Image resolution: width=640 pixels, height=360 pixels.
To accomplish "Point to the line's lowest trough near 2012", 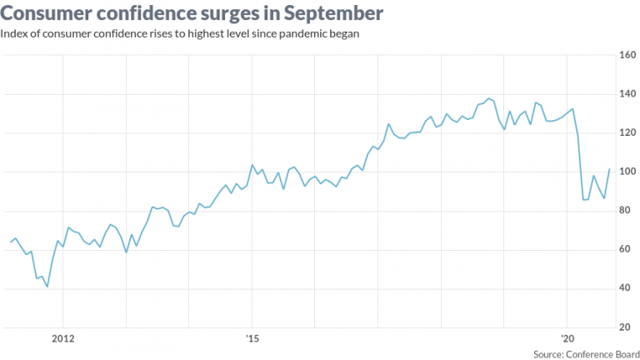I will click(x=47, y=287).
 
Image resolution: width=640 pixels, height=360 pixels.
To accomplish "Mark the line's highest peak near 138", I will click(x=488, y=99).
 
